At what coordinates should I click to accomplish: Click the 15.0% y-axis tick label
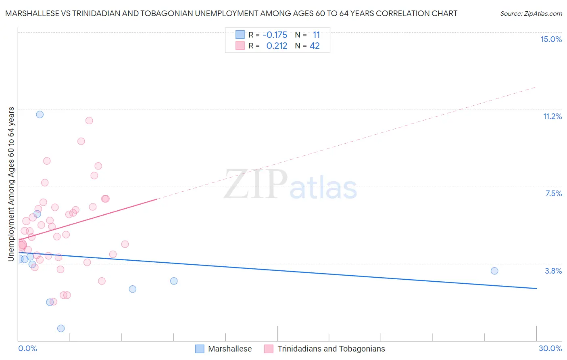coord(551,39)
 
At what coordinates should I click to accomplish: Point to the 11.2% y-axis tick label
coord(552,116)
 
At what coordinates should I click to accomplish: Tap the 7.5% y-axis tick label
coord(553,193)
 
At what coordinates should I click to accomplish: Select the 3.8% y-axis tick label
coord(553,271)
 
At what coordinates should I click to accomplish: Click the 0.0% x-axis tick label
coord(27,348)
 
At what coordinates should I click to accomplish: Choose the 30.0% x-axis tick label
coord(550,348)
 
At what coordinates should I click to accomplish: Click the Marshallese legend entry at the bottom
coord(229,349)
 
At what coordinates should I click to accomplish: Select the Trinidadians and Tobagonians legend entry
coord(331,349)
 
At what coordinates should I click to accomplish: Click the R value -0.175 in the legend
coord(275,35)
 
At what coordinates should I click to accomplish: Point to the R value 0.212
coord(277,46)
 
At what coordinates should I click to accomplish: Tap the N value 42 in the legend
coord(315,46)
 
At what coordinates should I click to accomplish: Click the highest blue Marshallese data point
coord(40,115)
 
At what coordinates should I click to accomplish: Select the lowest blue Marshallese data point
coord(61,329)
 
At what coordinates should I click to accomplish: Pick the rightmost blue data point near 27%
coord(494,271)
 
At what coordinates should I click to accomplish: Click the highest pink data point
coord(89,121)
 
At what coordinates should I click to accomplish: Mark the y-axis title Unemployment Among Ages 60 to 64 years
coord(11,184)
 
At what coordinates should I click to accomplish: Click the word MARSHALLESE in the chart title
coord(33,13)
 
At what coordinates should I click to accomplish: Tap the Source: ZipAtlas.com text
coord(531,13)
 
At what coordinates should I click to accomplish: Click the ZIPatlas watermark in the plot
coord(290,185)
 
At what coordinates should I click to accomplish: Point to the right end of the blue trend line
coord(536,288)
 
